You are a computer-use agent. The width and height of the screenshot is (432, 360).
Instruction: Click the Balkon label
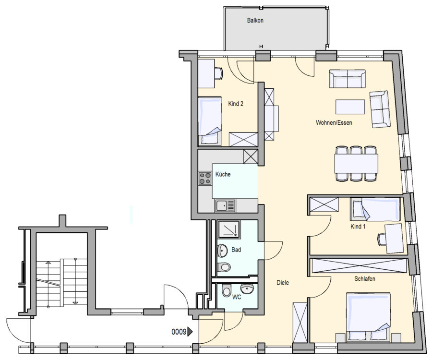255,20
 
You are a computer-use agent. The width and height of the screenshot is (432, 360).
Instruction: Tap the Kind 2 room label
236,104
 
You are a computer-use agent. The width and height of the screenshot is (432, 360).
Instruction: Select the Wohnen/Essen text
334,122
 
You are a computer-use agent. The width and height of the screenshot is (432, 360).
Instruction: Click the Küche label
223,174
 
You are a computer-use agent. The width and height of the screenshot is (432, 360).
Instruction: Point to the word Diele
283,282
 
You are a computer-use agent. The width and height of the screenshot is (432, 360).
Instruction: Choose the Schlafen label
364,279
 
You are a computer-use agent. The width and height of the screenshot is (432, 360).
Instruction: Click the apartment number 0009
179,332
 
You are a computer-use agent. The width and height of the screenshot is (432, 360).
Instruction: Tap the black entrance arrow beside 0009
190,332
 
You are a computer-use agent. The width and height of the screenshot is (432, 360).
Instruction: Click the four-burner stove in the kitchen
204,178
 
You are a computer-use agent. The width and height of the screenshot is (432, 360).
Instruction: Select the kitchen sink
226,205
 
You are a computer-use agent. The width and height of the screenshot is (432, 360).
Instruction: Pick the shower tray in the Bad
229,229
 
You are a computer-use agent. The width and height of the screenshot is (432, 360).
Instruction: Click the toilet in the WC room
227,290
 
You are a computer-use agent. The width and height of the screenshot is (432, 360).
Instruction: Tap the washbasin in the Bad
222,250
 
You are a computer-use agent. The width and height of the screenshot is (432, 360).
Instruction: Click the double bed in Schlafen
369,317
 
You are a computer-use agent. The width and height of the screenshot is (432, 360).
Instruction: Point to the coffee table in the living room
350,107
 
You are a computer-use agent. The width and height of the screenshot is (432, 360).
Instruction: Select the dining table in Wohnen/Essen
356,163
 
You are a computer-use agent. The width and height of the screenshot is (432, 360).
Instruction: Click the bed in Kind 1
375,209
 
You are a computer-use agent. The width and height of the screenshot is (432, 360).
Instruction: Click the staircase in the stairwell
62,283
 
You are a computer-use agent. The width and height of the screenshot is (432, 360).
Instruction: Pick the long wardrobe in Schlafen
359,266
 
